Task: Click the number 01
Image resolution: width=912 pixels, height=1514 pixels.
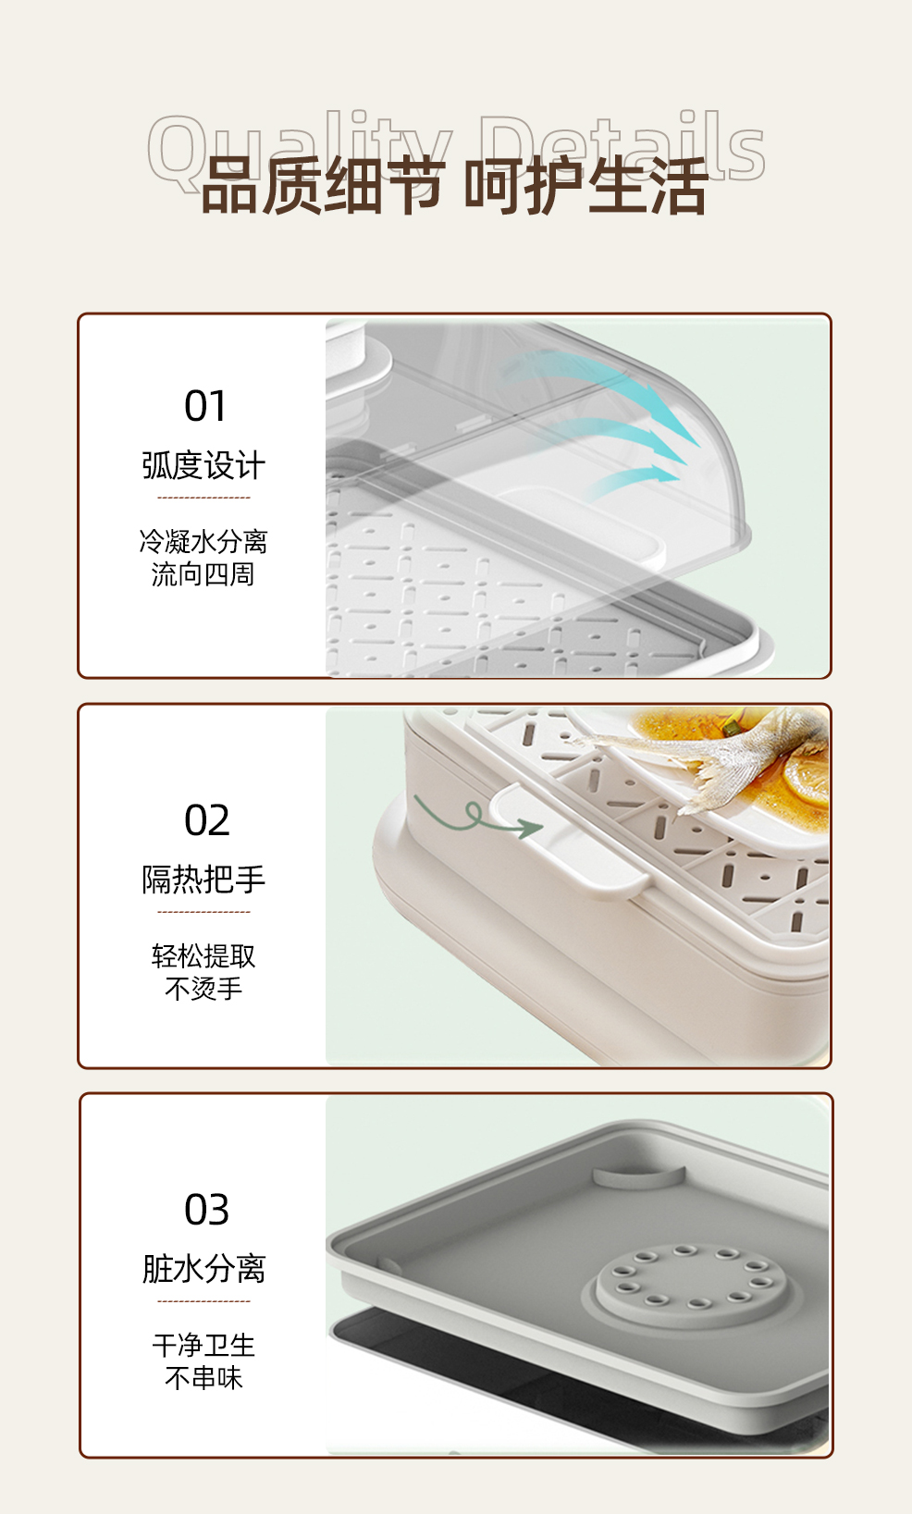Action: (205, 407)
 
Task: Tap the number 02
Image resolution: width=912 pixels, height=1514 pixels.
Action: (206, 821)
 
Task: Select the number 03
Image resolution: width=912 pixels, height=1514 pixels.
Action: (206, 1211)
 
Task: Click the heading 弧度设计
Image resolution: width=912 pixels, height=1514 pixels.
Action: (203, 465)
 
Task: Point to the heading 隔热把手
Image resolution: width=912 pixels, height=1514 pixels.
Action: (203, 879)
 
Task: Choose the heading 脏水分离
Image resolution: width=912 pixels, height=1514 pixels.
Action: (203, 1269)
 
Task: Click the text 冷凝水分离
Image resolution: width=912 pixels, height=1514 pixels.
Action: (203, 541)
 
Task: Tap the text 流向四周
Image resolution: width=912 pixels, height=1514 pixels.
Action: (203, 574)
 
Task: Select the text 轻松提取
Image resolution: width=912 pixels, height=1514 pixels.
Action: (203, 955)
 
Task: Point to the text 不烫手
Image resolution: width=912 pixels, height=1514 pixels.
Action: (203, 989)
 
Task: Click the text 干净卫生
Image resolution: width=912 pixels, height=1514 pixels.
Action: (203, 1345)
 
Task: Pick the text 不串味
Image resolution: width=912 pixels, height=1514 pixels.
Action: (203, 1378)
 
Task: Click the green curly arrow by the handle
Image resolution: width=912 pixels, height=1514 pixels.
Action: (476, 818)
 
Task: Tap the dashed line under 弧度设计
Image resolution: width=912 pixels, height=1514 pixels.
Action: (203, 498)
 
